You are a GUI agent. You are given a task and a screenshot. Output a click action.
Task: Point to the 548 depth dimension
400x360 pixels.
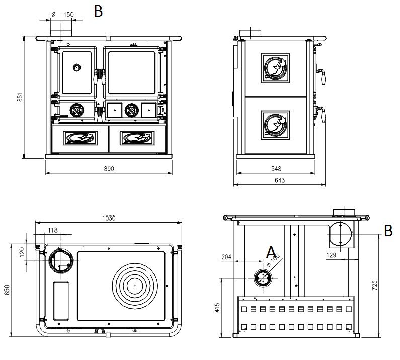[276, 168]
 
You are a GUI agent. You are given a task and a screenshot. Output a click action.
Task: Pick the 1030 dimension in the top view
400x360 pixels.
[109, 218]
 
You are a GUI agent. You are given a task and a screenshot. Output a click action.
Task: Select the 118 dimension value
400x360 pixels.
[52, 230]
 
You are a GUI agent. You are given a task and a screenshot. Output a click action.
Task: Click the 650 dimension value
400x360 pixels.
[7, 291]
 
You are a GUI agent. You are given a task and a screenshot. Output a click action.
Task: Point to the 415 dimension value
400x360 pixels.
[217, 307]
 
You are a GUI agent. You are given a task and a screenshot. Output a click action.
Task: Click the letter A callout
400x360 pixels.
[271, 251]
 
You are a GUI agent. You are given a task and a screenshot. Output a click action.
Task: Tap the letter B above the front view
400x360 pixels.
[99, 11]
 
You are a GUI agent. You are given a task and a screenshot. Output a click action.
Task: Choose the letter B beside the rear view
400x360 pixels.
[388, 231]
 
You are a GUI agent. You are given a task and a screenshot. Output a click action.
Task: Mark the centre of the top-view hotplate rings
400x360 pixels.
[135, 285]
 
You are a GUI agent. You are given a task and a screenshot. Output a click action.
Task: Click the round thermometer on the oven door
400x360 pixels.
[77, 67]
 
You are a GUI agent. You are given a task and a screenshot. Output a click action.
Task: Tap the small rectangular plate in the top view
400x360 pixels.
[61, 301]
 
